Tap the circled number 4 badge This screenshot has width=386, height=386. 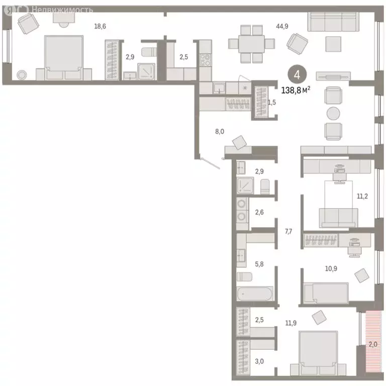pyautogui.click(x=297, y=75)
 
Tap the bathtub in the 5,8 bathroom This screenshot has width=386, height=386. pyautogui.click(x=255, y=295)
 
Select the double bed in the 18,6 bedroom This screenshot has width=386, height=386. pyautogui.click(x=63, y=58)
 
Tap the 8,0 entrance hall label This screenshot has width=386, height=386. pyautogui.click(x=219, y=132)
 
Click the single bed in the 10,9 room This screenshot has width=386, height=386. pyautogui.click(x=326, y=293)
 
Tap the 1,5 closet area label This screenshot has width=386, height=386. pyautogui.click(x=272, y=102)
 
